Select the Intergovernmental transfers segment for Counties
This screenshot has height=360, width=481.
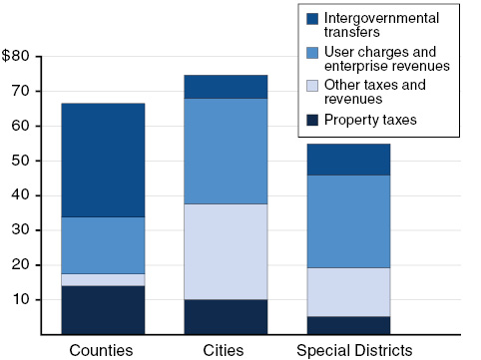[103, 160]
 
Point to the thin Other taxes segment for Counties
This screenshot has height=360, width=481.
[103, 280]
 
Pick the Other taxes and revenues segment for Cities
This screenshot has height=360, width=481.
[226, 251]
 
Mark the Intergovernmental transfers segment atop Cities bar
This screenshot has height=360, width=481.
[226, 87]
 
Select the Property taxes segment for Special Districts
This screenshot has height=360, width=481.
[348, 325]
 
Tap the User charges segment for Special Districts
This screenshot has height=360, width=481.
[348, 221]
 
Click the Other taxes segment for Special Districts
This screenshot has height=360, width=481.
[348, 292]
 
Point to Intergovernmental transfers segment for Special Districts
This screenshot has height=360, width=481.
[348, 160]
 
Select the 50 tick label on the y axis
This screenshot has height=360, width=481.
[33, 161]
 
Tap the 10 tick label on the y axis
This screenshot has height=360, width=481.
[33, 300]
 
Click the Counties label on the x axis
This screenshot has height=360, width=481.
[103, 350]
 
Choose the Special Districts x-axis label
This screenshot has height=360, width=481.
[354, 350]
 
